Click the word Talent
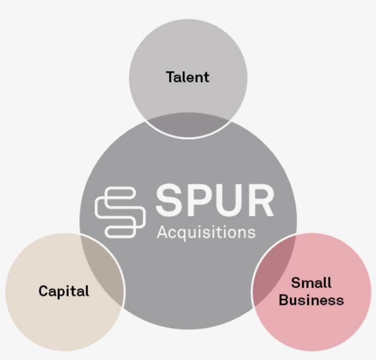(x=188, y=77)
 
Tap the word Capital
(x=64, y=291)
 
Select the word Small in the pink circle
(x=311, y=283)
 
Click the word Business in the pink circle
(x=311, y=300)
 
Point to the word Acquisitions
(x=206, y=232)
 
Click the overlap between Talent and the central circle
(x=188, y=125)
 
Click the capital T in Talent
(x=171, y=77)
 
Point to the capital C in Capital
(x=44, y=291)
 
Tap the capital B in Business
(x=284, y=300)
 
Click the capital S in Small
(x=296, y=283)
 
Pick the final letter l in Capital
(x=88, y=290)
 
